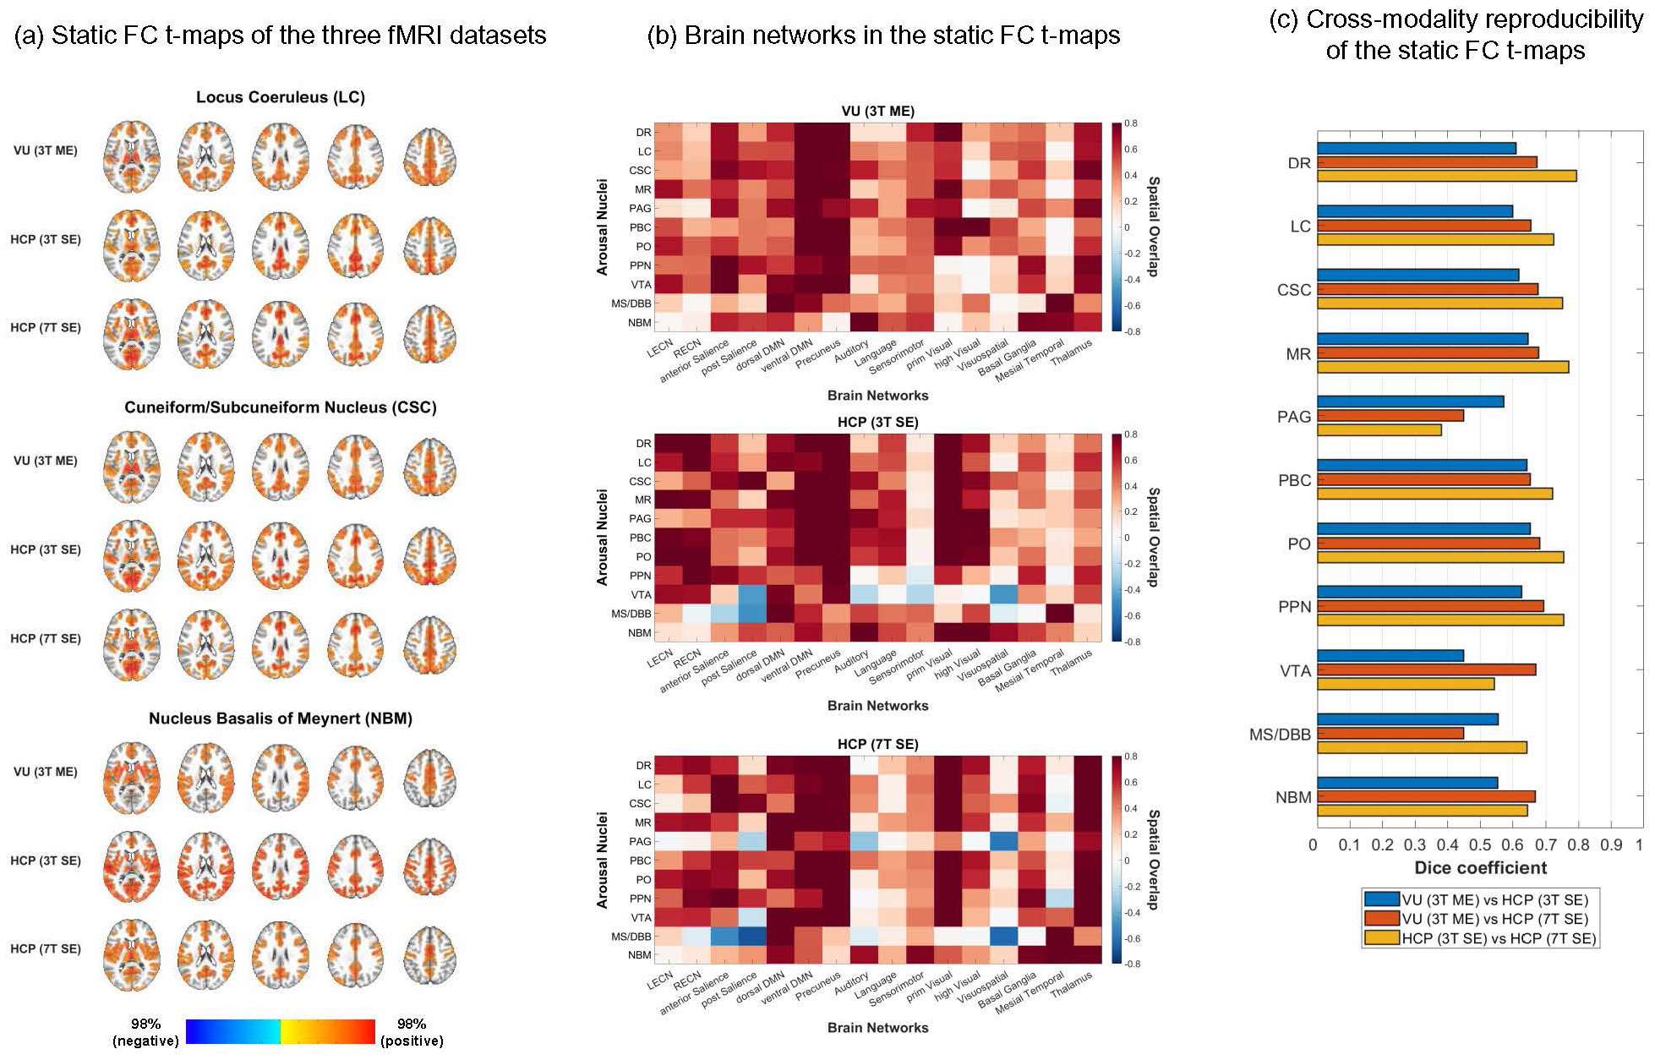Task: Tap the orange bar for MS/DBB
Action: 1390,733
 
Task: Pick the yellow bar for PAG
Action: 1379,430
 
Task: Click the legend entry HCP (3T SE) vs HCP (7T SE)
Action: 1498,938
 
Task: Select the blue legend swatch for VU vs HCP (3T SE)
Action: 1381,899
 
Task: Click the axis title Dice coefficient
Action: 1480,868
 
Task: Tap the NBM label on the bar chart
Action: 1293,797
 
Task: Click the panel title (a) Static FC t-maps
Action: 280,36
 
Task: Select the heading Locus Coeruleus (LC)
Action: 280,97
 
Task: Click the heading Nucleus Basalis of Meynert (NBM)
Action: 280,719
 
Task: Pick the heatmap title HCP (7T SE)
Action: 877,744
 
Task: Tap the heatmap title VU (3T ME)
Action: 877,111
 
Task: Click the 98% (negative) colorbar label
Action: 145,1032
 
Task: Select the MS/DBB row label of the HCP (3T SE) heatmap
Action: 631,614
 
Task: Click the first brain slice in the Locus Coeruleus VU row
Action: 131,156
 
